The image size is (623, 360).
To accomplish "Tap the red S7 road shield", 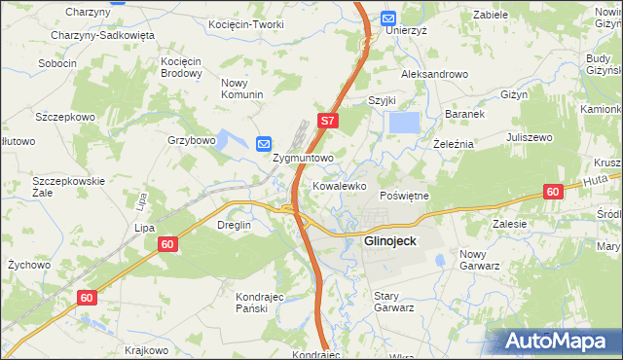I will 328,122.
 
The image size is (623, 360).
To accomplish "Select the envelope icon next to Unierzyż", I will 388,18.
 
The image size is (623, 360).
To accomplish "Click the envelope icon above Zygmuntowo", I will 264,144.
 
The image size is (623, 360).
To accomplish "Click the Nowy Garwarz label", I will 479,260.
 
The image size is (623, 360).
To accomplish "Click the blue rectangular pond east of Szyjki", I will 404,123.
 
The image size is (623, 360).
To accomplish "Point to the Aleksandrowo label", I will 434,74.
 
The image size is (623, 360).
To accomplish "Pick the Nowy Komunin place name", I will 243,89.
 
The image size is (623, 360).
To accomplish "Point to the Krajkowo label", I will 146,350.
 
